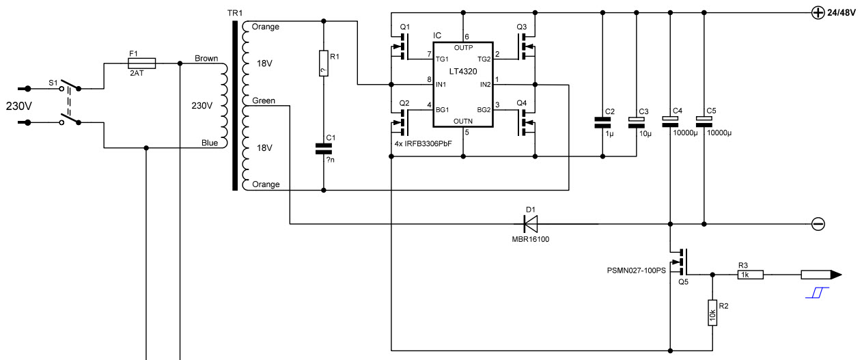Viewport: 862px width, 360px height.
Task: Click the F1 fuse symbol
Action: (x=141, y=63)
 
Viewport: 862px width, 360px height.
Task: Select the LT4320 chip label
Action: (x=463, y=71)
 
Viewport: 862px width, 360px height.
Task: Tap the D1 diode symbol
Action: (x=531, y=223)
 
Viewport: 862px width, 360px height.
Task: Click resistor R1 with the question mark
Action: (x=324, y=63)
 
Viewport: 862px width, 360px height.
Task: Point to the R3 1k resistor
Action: (x=750, y=275)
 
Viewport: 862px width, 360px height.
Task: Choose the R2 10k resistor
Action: (x=712, y=313)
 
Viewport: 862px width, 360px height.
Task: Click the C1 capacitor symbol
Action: (x=324, y=149)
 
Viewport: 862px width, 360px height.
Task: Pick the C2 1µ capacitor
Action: (x=602, y=123)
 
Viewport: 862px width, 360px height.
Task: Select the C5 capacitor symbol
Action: (x=704, y=122)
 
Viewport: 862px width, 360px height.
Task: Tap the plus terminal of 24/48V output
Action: (x=818, y=13)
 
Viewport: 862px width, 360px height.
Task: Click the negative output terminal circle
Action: (x=818, y=224)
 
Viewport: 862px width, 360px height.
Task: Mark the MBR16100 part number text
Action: (x=530, y=239)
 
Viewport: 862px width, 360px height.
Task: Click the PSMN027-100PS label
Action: (x=636, y=271)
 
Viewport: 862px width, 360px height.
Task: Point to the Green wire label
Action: (x=264, y=100)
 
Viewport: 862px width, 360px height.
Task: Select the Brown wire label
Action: (x=206, y=58)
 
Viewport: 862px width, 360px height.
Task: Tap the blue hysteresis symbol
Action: (x=817, y=292)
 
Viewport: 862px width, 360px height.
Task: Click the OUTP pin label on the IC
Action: (x=463, y=48)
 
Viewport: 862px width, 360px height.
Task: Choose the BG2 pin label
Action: (x=484, y=110)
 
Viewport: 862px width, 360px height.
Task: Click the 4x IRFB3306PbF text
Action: (x=423, y=143)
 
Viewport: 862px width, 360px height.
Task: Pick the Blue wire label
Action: (x=210, y=143)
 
